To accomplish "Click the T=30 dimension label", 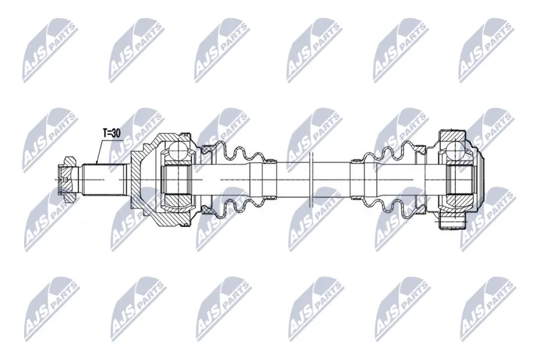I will [x=112, y=133].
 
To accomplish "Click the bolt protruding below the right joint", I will [x=453, y=224].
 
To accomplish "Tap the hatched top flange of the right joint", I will [x=453, y=134].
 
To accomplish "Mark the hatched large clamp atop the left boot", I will [x=209, y=148].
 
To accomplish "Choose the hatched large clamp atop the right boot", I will [x=419, y=148].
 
